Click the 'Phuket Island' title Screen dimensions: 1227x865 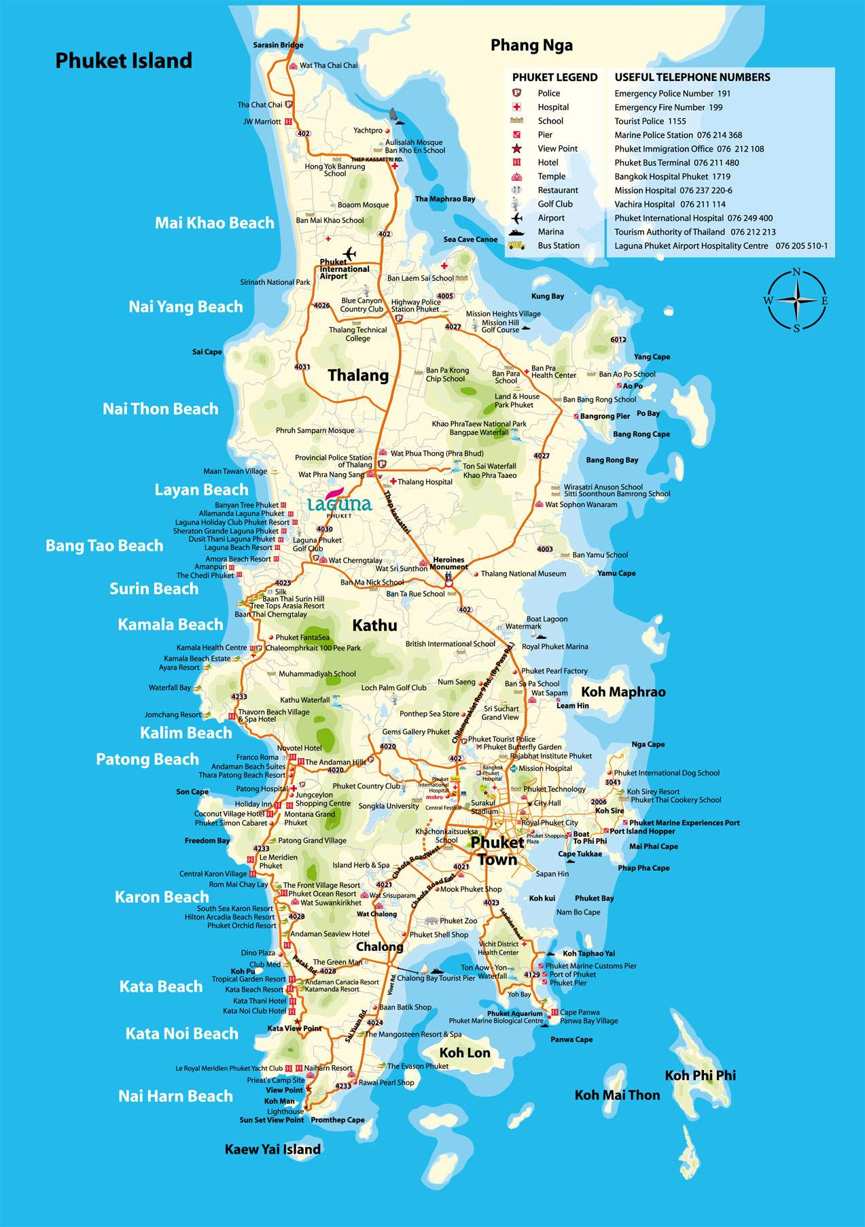(x=124, y=61)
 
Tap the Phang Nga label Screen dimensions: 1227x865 (x=531, y=46)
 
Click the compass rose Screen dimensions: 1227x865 (x=796, y=300)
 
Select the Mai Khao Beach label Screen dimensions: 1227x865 (x=215, y=223)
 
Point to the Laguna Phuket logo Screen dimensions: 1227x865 (x=339, y=503)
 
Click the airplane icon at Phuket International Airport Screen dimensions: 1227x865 (x=350, y=254)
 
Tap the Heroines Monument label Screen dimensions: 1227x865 (x=449, y=564)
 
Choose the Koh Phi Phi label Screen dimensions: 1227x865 (x=700, y=1075)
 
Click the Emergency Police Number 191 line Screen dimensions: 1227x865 (x=672, y=94)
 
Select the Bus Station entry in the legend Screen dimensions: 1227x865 (x=559, y=245)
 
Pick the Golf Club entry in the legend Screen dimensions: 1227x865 (x=555, y=204)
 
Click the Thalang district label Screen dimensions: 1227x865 (x=358, y=375)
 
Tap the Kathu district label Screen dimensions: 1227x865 (x=374, y=625)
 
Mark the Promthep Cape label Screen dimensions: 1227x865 (x=338, y=1120)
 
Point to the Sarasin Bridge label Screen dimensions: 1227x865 (x=278, y=45)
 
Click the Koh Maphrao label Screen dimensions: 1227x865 (x=623, y=692)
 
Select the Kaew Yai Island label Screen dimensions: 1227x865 (x=272, y=1150)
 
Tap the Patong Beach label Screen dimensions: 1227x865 (x=147, y=759)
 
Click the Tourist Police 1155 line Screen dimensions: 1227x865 (x=650, y=121)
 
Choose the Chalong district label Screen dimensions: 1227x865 (x=380, y=947)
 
